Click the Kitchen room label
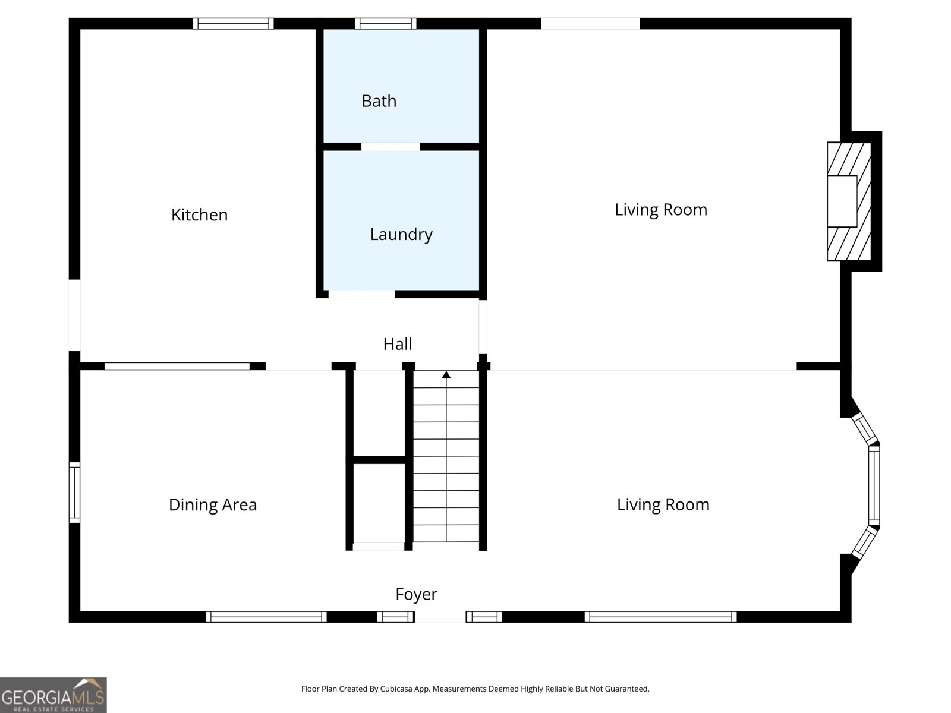pyautogui.click(x=199, y=214)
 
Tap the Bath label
pyautogui.click(x=379, y=101)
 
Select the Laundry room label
pyautogui.click(x=401, y=234)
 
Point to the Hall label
pyautogui.click(x=397, y=344)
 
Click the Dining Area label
pyautogui.click(x=213, y=505)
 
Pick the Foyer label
pyautogui.click(x=416, y=594)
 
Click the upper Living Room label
pyautogui.click(x=660, y=210)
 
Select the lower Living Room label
pyautogui.click(x=663, y=505)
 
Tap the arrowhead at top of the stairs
pyautogui.click(x=446, y=374)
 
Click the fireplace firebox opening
pyautogui.click(x=842, y=201)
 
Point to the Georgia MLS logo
pyautogui.click(x=53, y=695)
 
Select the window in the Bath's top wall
pyautogui.click(x=386, y=24)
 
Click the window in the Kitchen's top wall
pyautogui.click(x=233, y=24)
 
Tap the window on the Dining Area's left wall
pyautogui.click(x=74, y=493)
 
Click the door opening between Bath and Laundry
pyautogui.click(x=391, y=147)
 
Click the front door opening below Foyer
pyautogui.click(x=440, y=617)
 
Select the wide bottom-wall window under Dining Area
pyautogui.click(x=266, y=617)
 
